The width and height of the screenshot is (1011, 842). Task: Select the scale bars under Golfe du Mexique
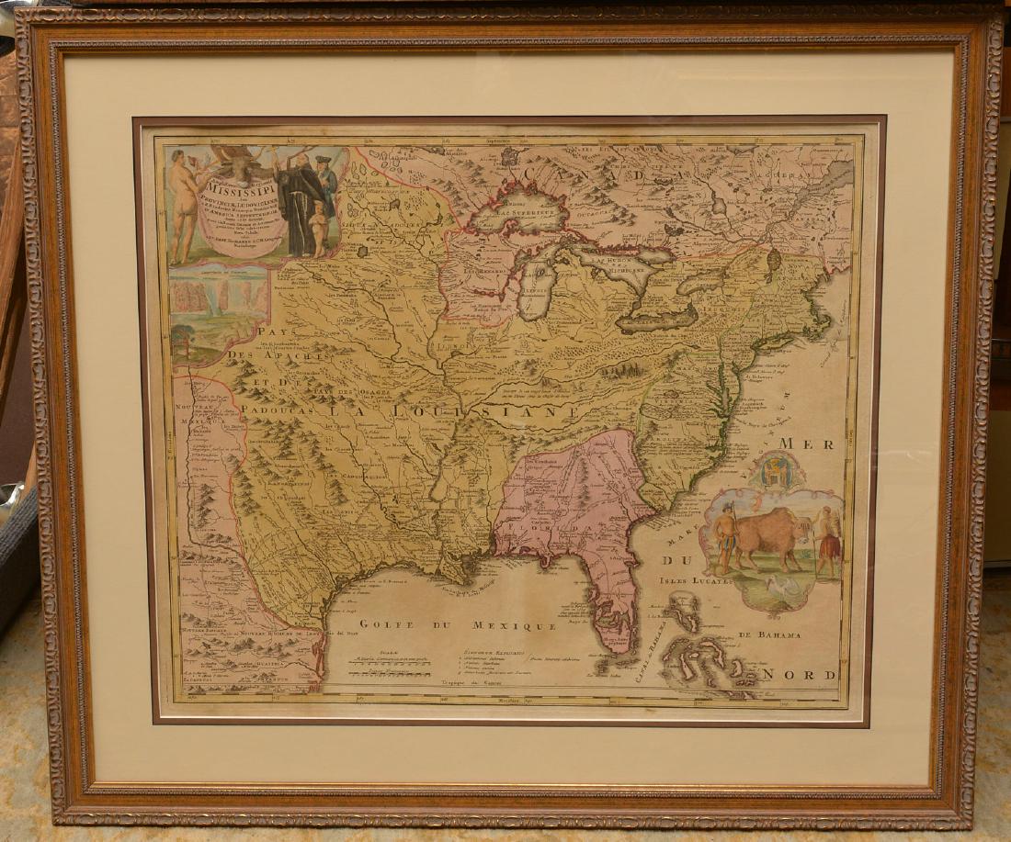385,675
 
